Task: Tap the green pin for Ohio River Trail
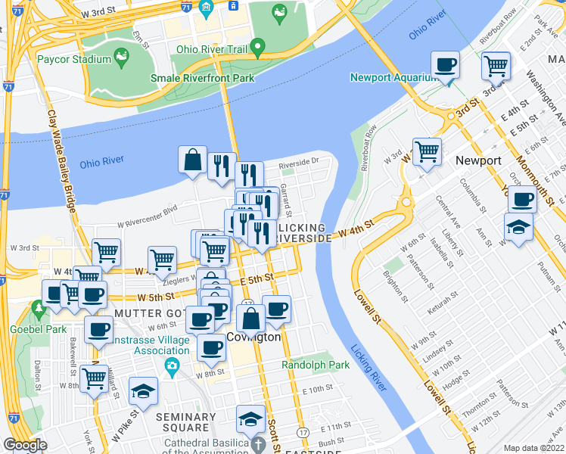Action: (x=257, y=49)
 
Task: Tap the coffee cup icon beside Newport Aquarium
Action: (x=446, y=65)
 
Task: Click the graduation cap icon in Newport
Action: (x=518, y=227)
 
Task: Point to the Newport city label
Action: (x=477, y=160)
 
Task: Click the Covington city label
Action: (x=253, y=337)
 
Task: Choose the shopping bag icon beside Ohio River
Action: (x=193, y=160)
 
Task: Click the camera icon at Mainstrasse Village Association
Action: (x=172, y=367)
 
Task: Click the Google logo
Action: (x=24, y=445)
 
